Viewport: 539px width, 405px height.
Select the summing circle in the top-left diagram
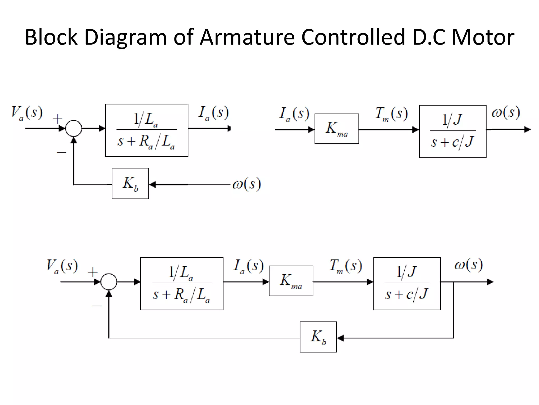click(73, 128)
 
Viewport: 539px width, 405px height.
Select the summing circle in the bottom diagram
click(109, 282)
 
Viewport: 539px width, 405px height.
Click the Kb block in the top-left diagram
click(130, 184)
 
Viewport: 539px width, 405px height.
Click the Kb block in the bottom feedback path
click(318, 337)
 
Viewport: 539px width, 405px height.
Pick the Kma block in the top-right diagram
click(337, 129)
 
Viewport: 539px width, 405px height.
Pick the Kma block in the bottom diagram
click(291, 281)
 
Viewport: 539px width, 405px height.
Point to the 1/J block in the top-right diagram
click(452, 132)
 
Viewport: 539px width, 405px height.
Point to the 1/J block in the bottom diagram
click(407, 284)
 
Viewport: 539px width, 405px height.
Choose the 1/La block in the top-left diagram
click(147, 131)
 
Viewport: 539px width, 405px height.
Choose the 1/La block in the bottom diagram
click(182, 284)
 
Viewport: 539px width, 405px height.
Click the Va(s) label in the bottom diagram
click(62, 266)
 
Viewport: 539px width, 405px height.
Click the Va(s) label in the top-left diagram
click(27, 113)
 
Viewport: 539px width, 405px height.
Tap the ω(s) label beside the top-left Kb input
click(247, 184)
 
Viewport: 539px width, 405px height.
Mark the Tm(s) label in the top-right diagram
click(391, 114)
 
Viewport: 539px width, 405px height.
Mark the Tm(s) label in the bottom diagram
click(346, 266)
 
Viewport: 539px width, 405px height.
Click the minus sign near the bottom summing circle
click(97, 306)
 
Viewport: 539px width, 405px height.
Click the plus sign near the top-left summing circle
click(57, 119)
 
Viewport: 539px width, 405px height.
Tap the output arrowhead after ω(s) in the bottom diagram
click(490, 282)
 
